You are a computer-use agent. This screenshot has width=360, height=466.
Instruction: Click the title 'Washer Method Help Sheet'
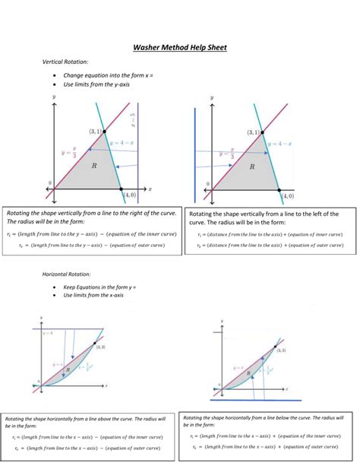click(x=180, y=47)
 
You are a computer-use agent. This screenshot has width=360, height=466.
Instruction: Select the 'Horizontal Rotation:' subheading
click(x=68, y=273)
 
